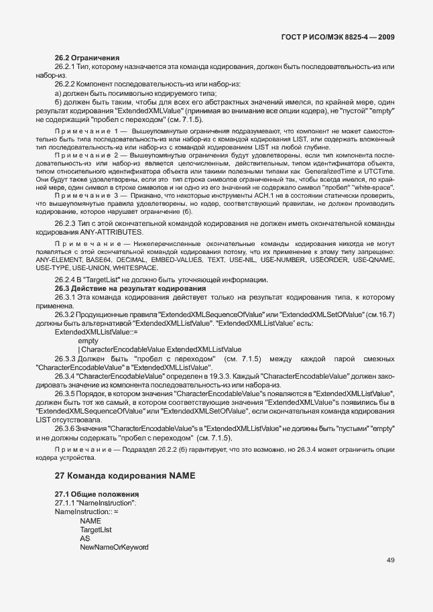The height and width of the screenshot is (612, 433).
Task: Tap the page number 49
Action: (390, 560)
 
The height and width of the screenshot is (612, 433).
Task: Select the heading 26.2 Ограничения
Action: (87, 58)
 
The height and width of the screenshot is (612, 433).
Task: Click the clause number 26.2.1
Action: (64, 68)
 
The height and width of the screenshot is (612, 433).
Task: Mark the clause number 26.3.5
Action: (64, 393)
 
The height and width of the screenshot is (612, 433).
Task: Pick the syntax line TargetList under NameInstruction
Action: (96, 530)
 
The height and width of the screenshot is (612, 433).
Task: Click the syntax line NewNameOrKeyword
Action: (113, 548)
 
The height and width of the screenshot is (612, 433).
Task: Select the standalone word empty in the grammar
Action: (88, 341)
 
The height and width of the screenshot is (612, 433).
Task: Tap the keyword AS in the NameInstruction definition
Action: (84, 538)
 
